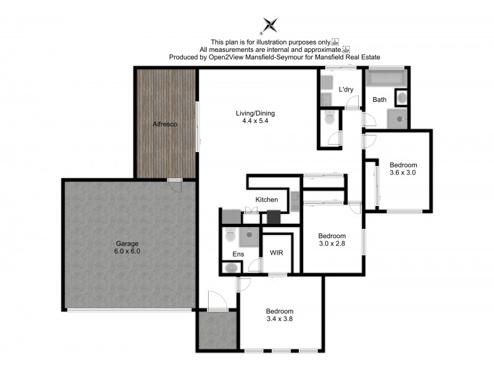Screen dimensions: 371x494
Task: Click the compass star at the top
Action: (x=270, y=25)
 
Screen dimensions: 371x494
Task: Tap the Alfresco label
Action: (x=165, y=124)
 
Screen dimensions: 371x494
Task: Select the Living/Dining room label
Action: (x=255, y=113)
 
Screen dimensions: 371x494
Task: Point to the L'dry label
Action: (x=345, y=90)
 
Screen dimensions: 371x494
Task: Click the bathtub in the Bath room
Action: (x=385, y=79)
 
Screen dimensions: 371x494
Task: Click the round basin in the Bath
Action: (x=402, y=98)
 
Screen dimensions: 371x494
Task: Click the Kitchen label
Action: (x=267, y=200)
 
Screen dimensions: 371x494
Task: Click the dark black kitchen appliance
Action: (x=273, y=217)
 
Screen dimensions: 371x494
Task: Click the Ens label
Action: (x=238, y=254)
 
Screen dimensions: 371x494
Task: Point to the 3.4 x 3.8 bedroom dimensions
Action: (x=279, y=320)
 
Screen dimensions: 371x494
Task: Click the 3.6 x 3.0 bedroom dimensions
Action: (x=403, y=174)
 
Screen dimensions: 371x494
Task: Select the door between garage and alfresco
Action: (x=175, y=180)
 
